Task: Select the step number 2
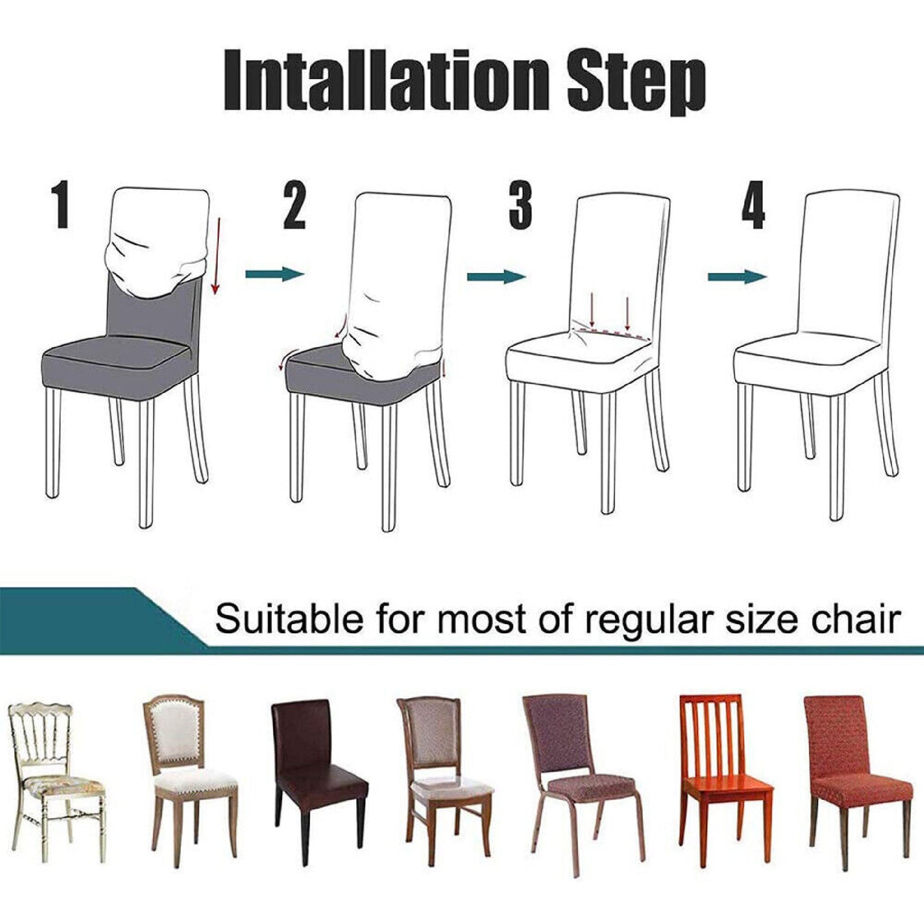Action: tap(294, 206)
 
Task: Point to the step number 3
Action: tap(521, 206)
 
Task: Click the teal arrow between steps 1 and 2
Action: tap(274, 274)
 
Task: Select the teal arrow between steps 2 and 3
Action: tap(496, 276)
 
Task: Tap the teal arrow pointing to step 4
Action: tap(737, 276)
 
